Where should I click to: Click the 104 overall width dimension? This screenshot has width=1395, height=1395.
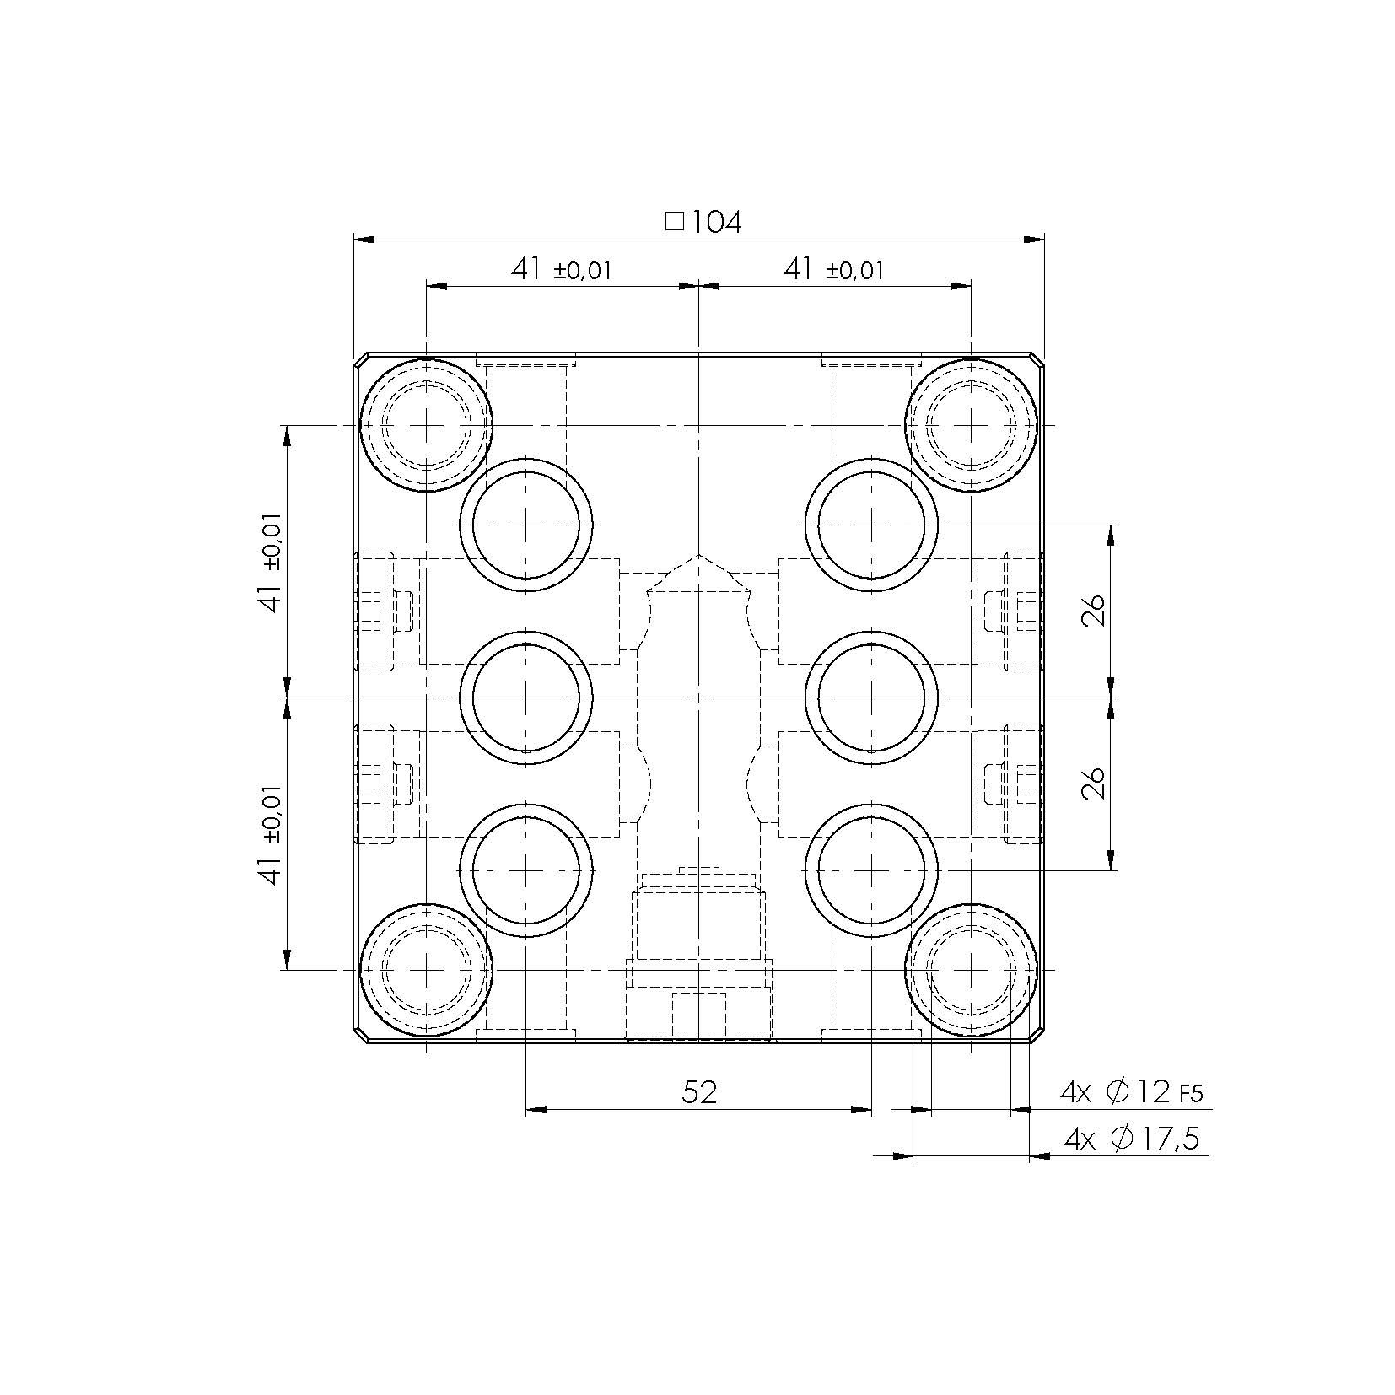(x=716, y=223)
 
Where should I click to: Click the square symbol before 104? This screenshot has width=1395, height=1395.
(x=674, y=222)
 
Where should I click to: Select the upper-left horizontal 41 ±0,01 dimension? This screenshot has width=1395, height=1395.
(x=560, y=270)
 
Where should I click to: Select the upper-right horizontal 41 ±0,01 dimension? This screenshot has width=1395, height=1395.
(x=833, y=270)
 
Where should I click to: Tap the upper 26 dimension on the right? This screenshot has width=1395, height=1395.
(x=1093, y=610)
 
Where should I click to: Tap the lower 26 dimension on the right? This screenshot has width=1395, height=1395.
(x=1093, y=783)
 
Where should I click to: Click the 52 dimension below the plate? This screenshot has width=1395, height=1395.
(x=699, y=1092)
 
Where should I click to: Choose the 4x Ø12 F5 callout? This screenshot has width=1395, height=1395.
(x=1130, y=1093)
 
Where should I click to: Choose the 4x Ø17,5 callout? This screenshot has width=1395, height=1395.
(x=1131, y=1139)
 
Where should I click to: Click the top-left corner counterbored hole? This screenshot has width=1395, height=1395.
(x=427, y=425)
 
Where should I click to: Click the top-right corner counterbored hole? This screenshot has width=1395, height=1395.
(x=972, y=425)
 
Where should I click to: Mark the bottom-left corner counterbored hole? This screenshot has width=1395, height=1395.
(x=427, y=970)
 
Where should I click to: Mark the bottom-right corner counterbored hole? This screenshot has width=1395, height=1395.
(x=972, y=970)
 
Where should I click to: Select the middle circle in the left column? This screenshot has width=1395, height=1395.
(x=526, y=697)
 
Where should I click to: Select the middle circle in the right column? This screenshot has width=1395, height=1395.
(x=871, y=697)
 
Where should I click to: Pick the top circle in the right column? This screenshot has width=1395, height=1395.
(x=871, y=525)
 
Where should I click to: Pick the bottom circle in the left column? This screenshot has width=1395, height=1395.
(x=526, y=870)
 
